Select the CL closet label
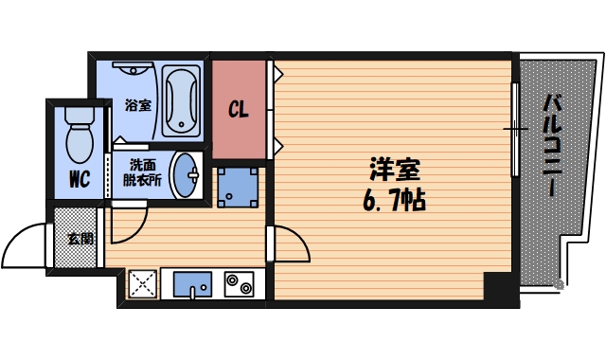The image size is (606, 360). tap(239, 109)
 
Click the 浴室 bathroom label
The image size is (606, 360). tap(138, 105)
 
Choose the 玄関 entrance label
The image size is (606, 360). tap(80, 238)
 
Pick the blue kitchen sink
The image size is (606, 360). tap(192, 283)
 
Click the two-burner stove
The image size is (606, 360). tap(237, 283)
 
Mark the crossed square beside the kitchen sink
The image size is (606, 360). tap(142, 283)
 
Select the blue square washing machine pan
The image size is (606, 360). tap(237, 188)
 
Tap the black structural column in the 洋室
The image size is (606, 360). tap(498, 285)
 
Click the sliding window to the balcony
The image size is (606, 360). tap(514, 128)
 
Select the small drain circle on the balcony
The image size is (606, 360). tap(559, 283)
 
